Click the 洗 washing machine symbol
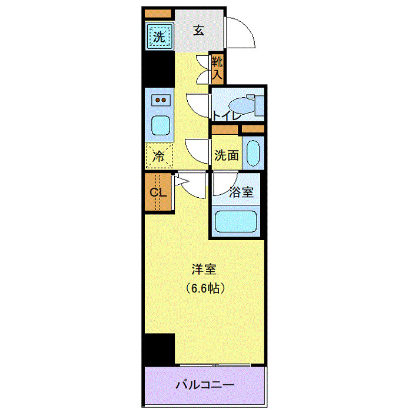pos(159,36)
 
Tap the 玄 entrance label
pos(199,31)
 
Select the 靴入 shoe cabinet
pos(217,68)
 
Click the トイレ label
pos(227,115)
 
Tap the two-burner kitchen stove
pos(160,100)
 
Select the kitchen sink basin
pos(160,125)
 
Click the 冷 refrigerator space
pos(159,156)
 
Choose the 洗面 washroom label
pos(227,155)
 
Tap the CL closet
pos(158,192)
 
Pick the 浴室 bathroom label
pos(241,192)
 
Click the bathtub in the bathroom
pos(236,222)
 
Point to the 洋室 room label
pos(204,270)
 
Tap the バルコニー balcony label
pos(205,386)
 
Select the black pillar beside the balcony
pos(160,349)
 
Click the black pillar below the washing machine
pos(159,69)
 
